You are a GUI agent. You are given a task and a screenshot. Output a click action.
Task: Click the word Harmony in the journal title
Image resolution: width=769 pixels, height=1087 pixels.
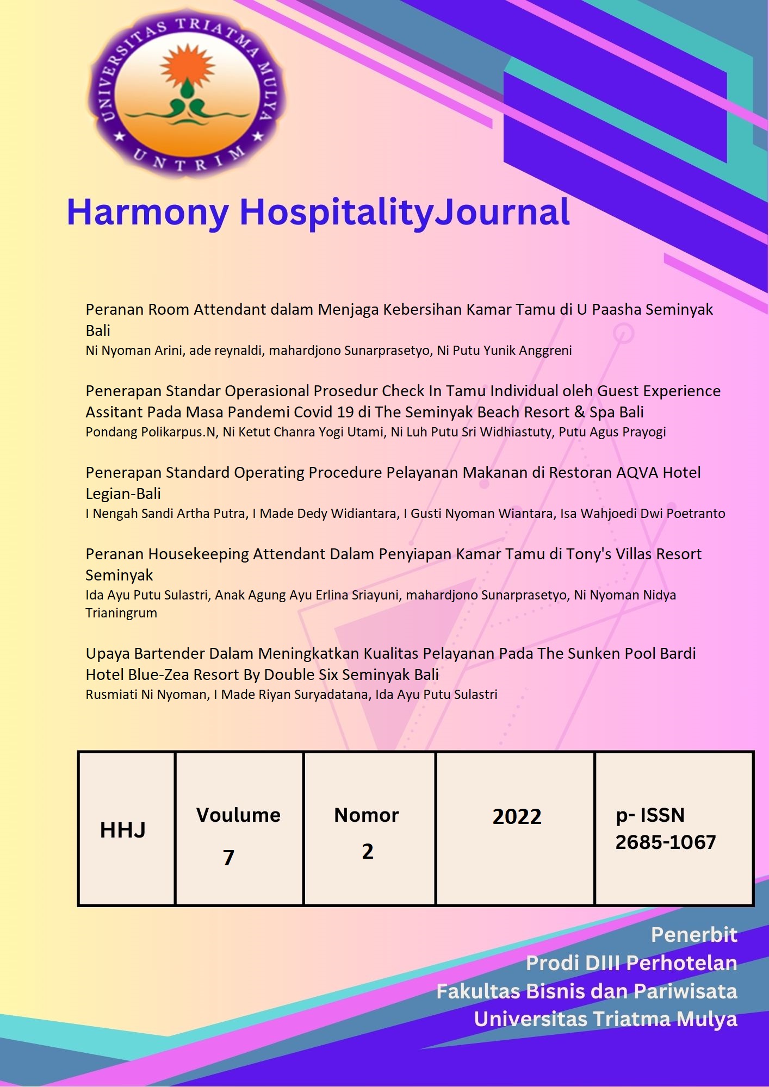[x=148, y=212]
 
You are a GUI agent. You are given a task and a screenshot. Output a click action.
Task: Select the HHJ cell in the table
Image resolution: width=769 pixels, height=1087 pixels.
[x=123, y=830]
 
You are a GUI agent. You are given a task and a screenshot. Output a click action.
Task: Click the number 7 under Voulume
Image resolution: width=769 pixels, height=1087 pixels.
[x=229, y=858]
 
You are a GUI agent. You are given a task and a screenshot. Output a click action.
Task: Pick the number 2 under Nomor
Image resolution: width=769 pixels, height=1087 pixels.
[x=368, y=851]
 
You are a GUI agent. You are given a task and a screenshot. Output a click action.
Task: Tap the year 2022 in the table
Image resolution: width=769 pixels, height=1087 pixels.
[x=517, y=816]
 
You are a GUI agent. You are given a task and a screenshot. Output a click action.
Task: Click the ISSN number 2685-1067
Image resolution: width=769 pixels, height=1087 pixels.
[x=665, y=842]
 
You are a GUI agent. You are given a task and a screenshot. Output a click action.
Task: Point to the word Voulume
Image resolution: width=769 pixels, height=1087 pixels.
[x=238, y=815]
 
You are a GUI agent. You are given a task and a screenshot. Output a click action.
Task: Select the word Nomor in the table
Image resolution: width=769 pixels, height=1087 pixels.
[x=367, y=815]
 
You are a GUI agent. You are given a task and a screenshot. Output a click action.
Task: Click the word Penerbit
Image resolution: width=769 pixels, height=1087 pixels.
[x=694, y=935]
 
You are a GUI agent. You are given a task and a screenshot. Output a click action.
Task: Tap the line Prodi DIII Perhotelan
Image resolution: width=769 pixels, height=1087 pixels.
[x=631, y=963]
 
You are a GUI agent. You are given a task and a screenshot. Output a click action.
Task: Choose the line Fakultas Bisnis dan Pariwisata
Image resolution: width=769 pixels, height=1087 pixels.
[x=586, y=991]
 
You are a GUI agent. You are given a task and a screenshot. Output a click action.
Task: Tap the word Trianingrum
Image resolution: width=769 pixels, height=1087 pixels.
[x=121, y=613]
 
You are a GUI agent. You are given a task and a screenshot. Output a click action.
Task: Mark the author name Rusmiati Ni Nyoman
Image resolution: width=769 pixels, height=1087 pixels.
[x=147, y=695]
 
